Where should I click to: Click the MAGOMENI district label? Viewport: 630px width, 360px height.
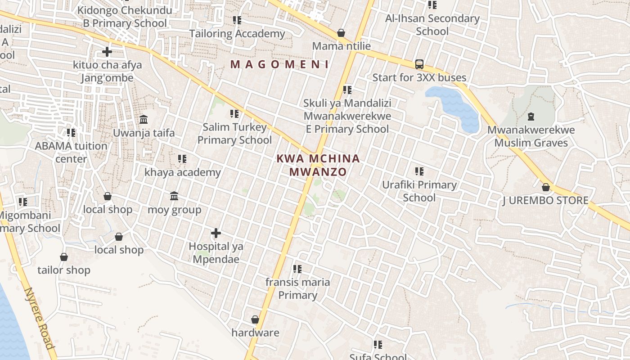pyautogui.click(x=279, y=64)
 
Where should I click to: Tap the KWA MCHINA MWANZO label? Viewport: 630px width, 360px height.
pyautogui.click(x=318, y=165)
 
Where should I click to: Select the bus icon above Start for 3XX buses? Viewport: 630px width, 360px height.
pyautogui.click(x=419, y=64)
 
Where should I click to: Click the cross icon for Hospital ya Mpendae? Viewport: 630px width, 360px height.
pyautogui.click(x=216, y=233)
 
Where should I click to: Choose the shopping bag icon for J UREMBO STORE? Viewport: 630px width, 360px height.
pyautogui.click(x=545, y=187)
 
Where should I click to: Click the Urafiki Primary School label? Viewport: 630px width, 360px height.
pyautogui.click(x=419, y=191)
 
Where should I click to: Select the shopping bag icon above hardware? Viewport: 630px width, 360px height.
pyautogui.click(x=255, y=319)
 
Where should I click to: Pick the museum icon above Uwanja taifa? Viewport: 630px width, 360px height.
pyautogui.click(x=144, y=120)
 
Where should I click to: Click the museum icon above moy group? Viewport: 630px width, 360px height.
pyautogui.click(x=174, y=196)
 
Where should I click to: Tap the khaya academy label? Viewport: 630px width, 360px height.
pyautogui.click(x=182, y=172)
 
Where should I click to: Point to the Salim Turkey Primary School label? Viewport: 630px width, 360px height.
pyautogui.click(x=234, y=134)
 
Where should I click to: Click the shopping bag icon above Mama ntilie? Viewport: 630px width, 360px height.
pyautogui.click(x=341, y=33)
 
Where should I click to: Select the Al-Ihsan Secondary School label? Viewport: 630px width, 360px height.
pyautogui.click(x=432, y=25)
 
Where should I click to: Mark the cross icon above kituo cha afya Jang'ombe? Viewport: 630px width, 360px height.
pyautogui.click(x=107, y=52)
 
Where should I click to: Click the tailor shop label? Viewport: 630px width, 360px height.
pyautogui.click(x=63, y=270)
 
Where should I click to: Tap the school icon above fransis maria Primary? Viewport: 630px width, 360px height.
pyautogui.click(x=297, y=269)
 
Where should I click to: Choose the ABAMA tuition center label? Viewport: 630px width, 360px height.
pyautogui.click(x=71, y=153)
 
